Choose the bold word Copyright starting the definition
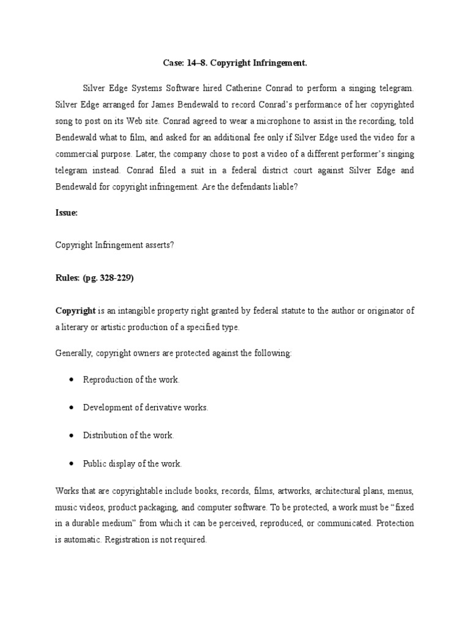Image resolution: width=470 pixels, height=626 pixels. coord(75,311)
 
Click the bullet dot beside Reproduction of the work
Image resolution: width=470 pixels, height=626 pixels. coord(72,380)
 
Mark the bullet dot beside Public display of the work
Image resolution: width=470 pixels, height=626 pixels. coord(72,463)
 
